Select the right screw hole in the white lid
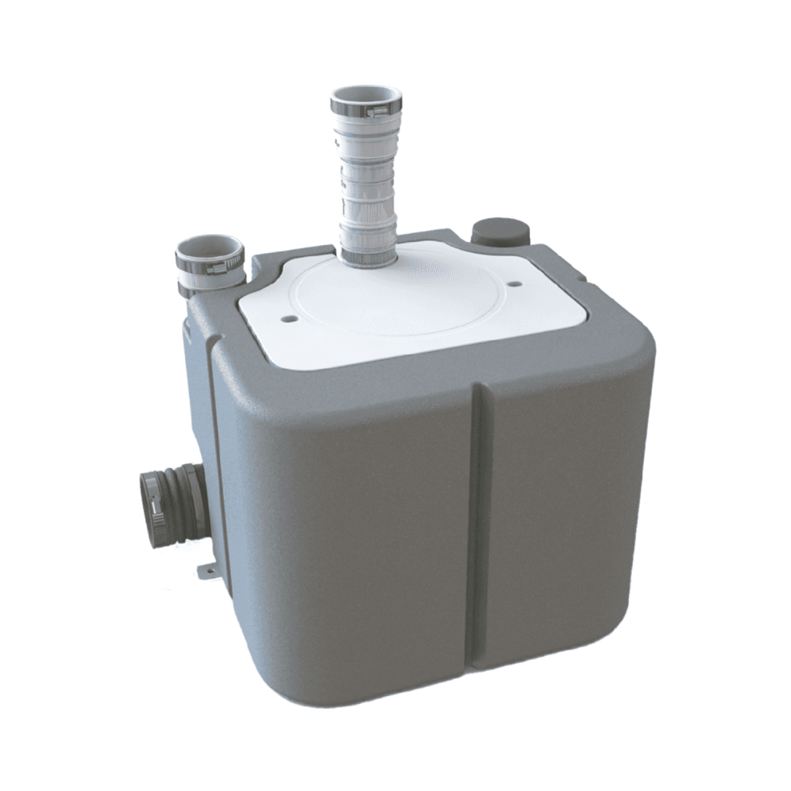coord(512,285)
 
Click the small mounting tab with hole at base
coord(206,566)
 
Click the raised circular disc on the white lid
coord(395,303)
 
